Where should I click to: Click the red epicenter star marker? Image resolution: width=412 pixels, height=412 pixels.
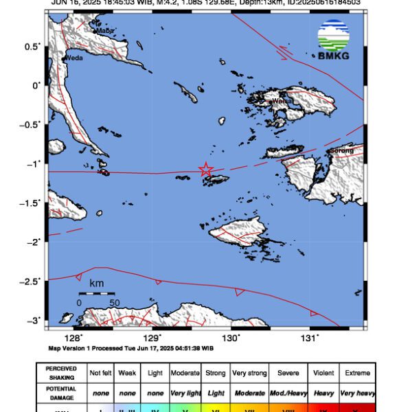point(205,170)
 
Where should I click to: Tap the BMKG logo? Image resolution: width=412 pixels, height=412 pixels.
point(333,39)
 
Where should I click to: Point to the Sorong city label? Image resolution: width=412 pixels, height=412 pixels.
point(342,150)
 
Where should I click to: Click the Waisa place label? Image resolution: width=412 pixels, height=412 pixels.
point(282,102)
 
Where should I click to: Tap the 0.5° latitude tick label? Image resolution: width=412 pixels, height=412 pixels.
point(33,46)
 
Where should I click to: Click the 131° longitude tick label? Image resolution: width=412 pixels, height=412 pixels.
point(310,337)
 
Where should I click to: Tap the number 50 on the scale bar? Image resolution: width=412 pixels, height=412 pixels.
point(114,302)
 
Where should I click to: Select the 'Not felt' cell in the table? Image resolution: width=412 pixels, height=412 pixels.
point(101,373)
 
